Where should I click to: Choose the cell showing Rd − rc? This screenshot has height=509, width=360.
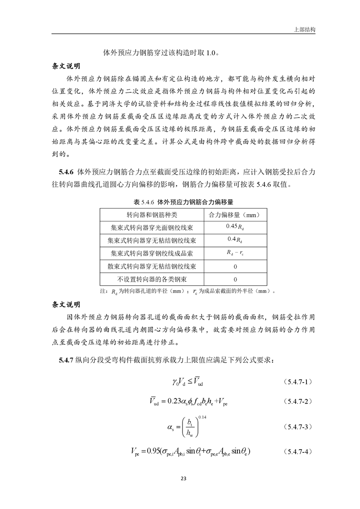coord(235,253)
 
